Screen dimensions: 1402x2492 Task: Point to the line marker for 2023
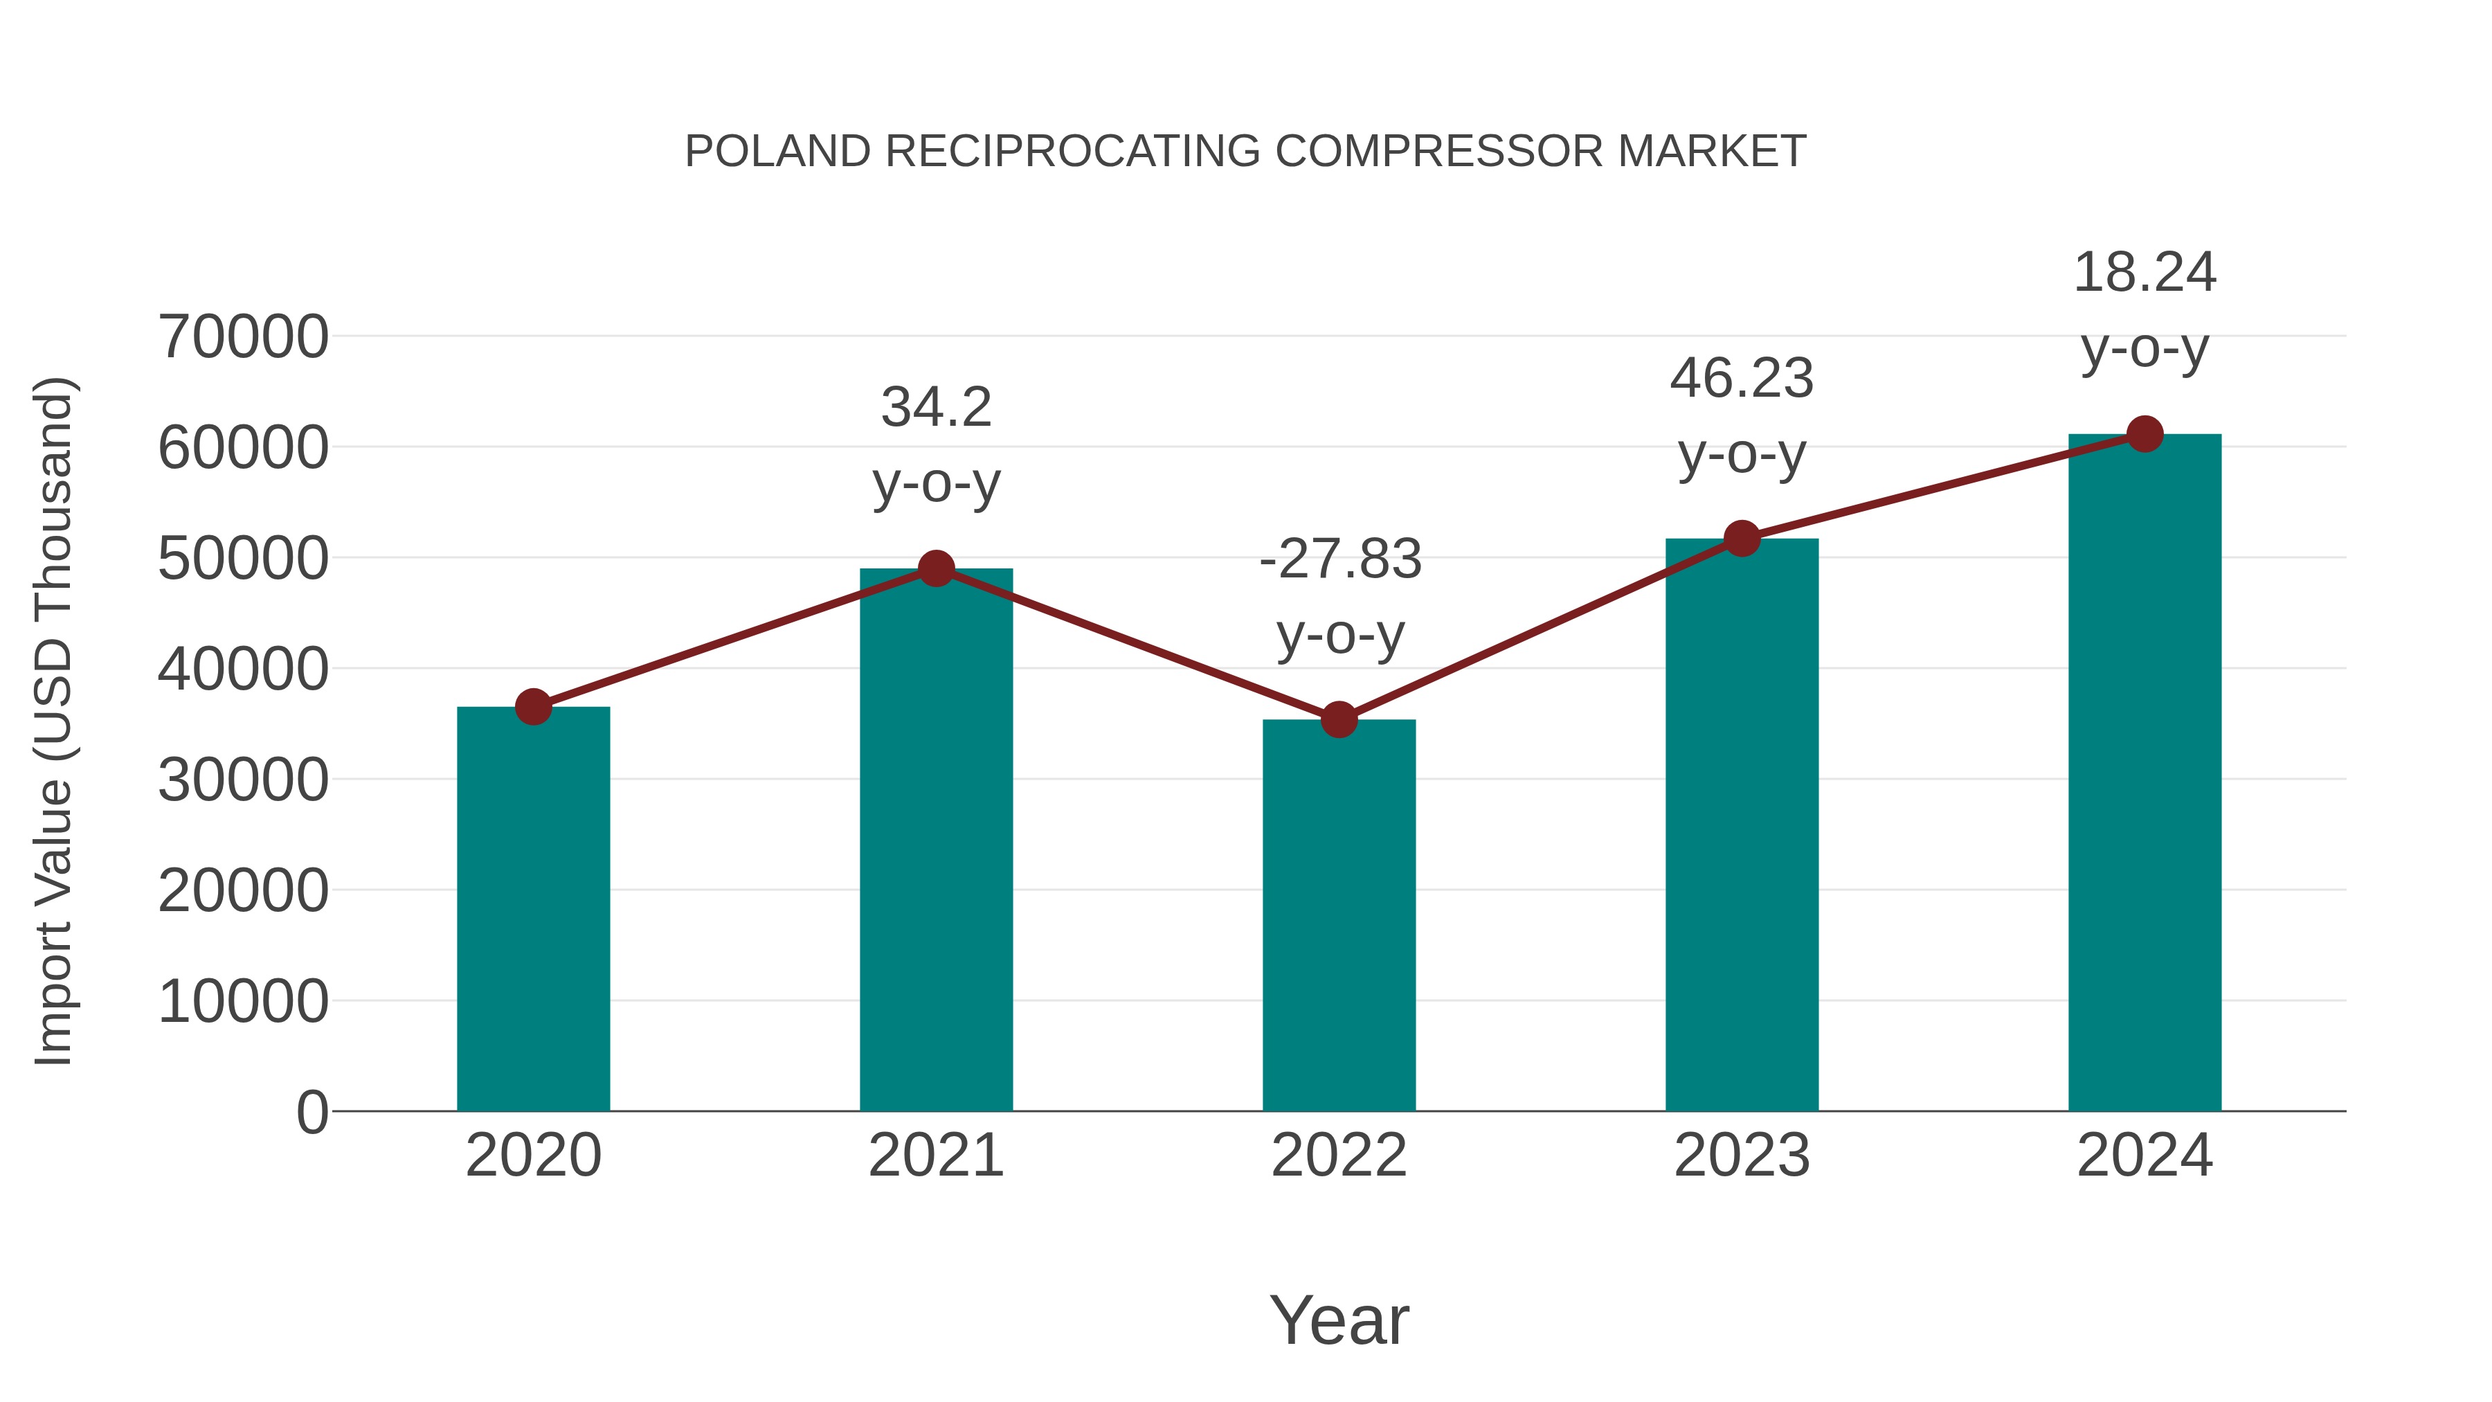(x=1742, y=538)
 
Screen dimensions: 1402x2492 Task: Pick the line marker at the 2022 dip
(x=1339, y=720)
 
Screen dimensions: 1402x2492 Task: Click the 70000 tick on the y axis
(x=243, y=338)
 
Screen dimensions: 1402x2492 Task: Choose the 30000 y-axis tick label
(x=243, y=780)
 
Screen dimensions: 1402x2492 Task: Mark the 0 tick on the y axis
(x=312, y=1112)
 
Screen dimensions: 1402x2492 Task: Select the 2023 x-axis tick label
(x=1742, y=1156)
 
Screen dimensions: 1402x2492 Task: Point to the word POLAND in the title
(x=778, y=151)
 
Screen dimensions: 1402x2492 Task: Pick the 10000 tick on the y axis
(x=243, y=1001)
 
